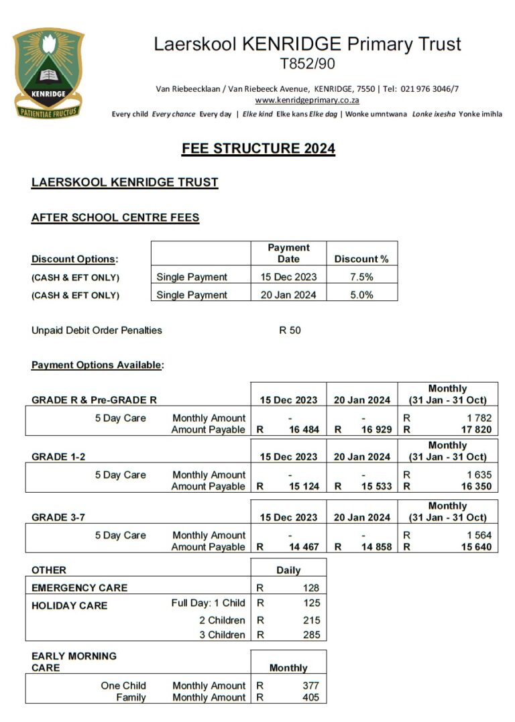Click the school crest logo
click(48, 72)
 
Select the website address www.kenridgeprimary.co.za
click(307, 100)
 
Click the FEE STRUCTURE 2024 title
click(258, 148)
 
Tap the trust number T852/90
click(307, 64)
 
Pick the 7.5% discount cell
click(361, 277)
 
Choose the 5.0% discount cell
click(361, 295)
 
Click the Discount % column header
click(361, 259)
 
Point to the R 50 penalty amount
click(290, 330)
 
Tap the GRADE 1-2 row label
click(58, 457)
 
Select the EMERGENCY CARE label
click(79, 588)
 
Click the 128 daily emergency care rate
click(311, 588)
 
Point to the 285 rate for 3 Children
click(311, 635)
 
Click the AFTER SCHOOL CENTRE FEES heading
click(115, 217)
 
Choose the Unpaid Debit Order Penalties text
click(97, 330)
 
